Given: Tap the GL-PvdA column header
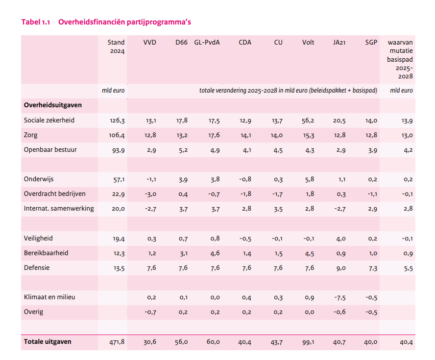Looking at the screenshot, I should tap(207, 43).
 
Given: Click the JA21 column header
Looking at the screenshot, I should tap(339, 43).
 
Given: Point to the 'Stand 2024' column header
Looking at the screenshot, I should tap(117, 47).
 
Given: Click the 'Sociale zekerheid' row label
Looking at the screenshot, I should tap(49, 120).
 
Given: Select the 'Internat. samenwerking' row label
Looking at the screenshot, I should tap(59, 209).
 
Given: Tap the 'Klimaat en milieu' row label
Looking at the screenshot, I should tap(49, 297).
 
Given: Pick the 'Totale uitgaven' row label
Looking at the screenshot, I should tap(48, 342).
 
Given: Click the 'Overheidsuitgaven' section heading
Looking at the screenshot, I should tap(53, 105).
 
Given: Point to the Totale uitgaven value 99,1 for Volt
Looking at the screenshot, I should tap(309, 342).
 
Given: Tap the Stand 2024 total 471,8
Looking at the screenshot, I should tap(117, 342).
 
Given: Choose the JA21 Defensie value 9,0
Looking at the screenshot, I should tap(340, 268).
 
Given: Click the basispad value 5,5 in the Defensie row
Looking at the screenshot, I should tap(407, 268).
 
